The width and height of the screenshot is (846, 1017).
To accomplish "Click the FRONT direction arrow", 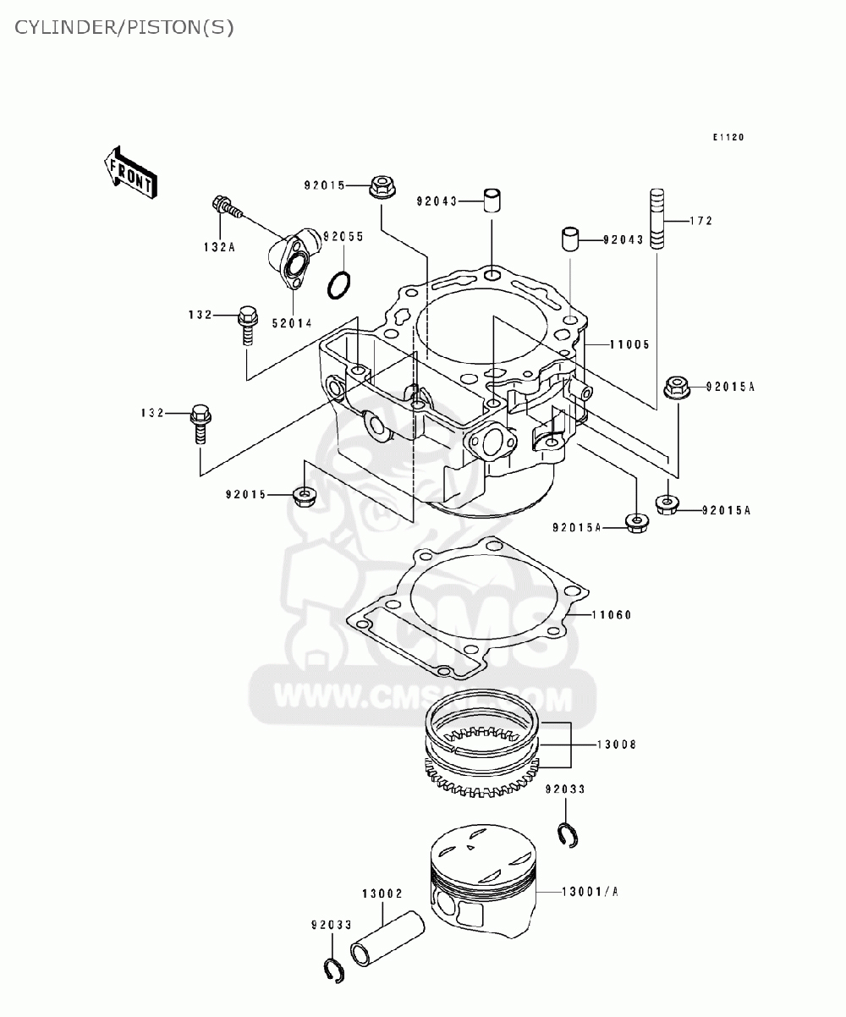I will (x=129, y=172).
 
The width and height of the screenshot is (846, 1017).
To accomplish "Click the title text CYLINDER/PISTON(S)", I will (x=124, y=27).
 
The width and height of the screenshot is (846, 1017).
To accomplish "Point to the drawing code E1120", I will (x=727, y=138).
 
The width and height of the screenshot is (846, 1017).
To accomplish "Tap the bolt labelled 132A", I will (x=224, y=206).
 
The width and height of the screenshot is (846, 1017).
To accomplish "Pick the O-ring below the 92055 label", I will (x=338, y=285).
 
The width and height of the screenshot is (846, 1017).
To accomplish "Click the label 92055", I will (x=343, y=237).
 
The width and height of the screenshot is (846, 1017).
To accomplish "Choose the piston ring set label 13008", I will (x=617, y=745).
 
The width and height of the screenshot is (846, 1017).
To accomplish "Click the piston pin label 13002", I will (x=382, y=893).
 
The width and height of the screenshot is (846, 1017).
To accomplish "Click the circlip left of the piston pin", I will (x=335, y=970).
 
